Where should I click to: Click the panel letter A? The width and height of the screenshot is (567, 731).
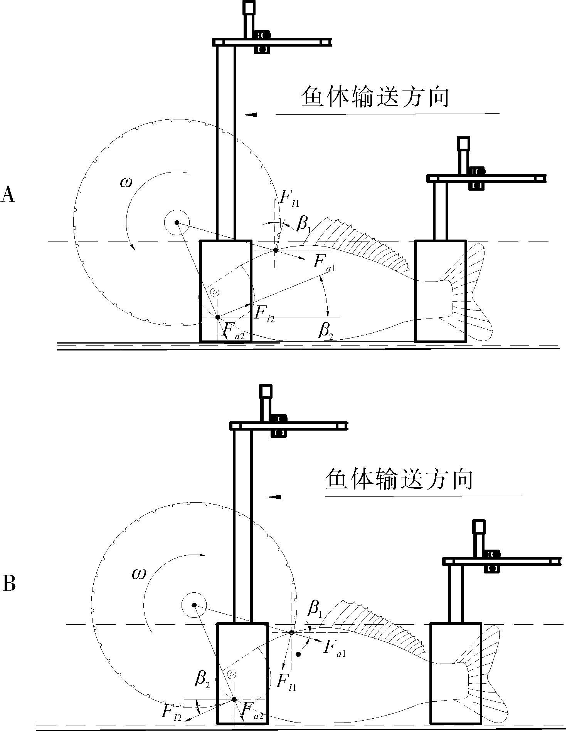tap(8, 194)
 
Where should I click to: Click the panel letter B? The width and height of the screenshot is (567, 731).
tap(9, 583)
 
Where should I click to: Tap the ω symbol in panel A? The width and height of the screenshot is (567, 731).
tap(126, 182)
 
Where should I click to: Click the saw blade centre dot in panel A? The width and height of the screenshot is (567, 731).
tap(177, 222)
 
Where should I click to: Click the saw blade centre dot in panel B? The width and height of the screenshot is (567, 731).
tap(194, 605)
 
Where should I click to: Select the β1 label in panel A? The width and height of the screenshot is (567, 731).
tap(304, 224)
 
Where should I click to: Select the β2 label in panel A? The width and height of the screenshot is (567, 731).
tap(326, 330)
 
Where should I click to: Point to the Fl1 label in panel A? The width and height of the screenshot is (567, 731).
tap(289, 198)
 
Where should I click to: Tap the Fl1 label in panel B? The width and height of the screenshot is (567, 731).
tap(286, 681)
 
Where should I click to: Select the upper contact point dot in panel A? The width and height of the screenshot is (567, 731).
tap(276, 250)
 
